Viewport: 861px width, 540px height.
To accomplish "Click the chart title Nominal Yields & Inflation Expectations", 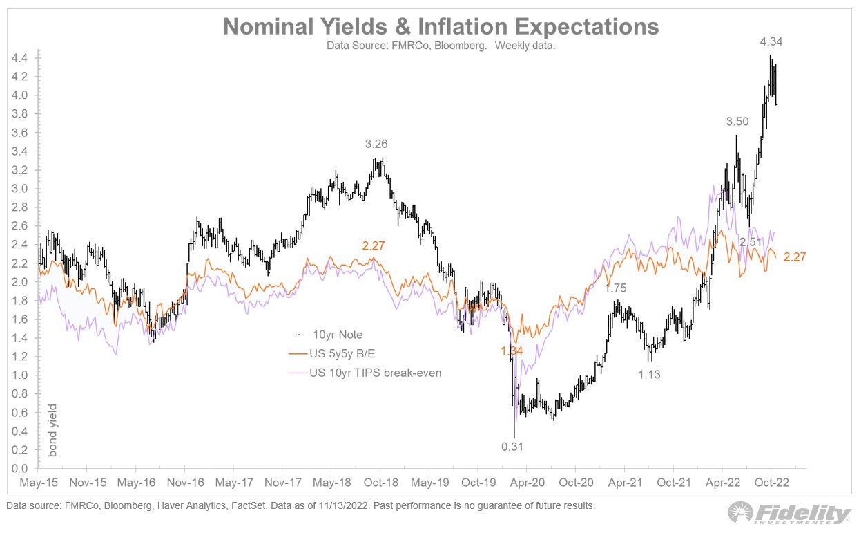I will (x=441, y=27).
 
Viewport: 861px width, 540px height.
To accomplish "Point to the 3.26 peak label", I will (x=378, y=145).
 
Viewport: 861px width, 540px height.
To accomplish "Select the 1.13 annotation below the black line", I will (x=649, y=375).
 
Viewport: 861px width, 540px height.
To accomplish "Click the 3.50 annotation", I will (x=737, y=122).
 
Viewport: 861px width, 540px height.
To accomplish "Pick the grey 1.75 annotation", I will (x=616, y=288).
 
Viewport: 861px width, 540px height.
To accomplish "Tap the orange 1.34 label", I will (x=512, y=351).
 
